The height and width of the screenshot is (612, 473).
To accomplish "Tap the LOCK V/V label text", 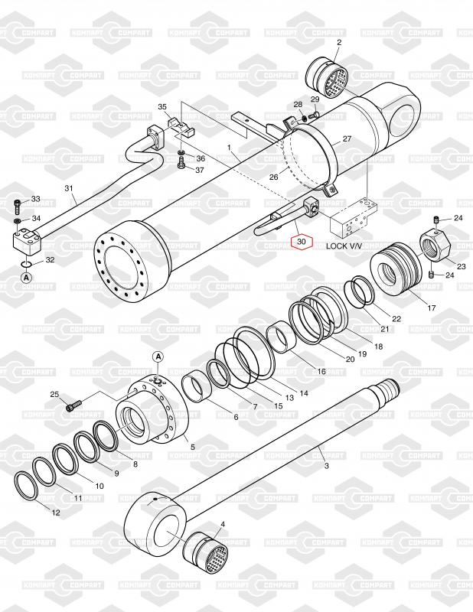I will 342,246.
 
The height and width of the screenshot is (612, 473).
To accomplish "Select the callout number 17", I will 432,308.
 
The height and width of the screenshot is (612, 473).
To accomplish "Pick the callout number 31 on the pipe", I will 68,188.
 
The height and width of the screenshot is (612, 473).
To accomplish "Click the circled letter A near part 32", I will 26,278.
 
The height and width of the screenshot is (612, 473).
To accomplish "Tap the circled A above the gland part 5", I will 158,356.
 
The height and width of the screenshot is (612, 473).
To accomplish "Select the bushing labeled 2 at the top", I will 327,79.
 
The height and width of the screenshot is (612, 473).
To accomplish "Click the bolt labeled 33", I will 17,206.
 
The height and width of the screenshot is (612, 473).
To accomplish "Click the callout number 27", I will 347,139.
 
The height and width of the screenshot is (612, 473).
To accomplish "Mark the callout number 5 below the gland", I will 192,447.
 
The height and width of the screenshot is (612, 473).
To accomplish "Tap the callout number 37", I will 200,170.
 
